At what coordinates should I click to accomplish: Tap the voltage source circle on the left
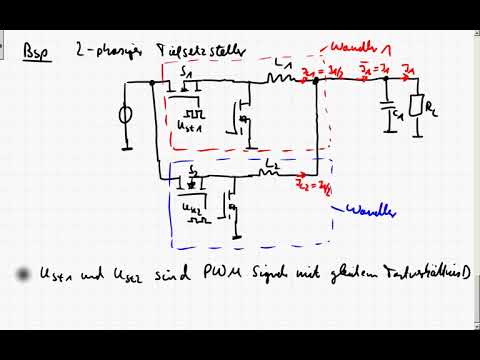tap(126, 115)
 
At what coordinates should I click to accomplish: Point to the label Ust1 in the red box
tap(190, 125)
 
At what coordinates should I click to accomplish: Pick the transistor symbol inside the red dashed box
tap(240, 115)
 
